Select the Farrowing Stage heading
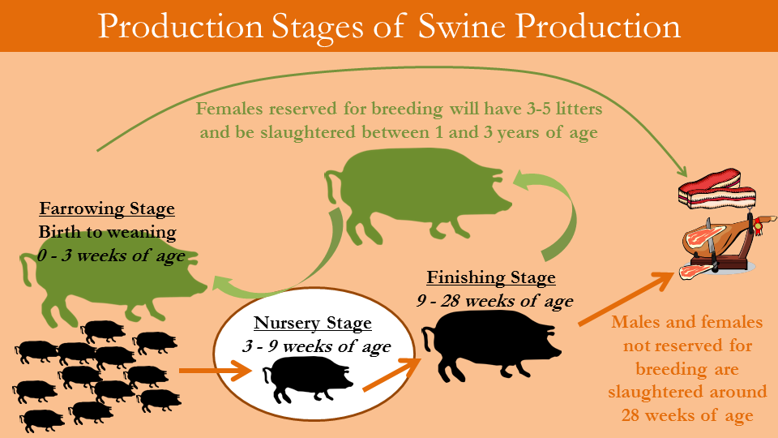coord(107,208)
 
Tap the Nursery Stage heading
coord(313,323)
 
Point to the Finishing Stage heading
coord(491,277)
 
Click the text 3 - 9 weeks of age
coord(317,346)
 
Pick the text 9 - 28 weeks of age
coord(494,301)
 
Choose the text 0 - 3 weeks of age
coord(111,255)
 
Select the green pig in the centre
coord(417,195)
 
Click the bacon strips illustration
coord(717,189)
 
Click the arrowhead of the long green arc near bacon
coord(681,171)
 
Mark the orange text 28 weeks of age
coord(687,415)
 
